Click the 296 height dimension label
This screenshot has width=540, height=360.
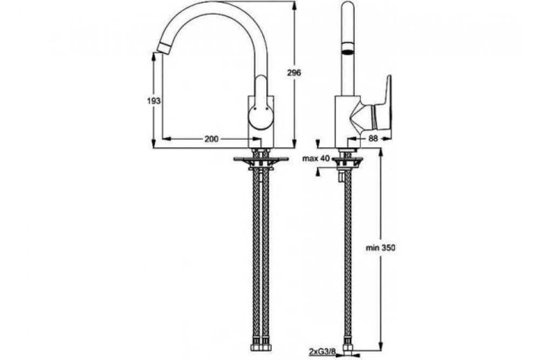tap(294, 73)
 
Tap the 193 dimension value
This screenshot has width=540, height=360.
tap(153, 101)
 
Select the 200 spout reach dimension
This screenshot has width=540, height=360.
tap(212, 139)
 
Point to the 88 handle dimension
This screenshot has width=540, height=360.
tap(373, 139)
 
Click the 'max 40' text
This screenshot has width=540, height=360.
tap(316, 159)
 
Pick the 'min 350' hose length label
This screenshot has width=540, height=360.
tap(381, 247)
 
